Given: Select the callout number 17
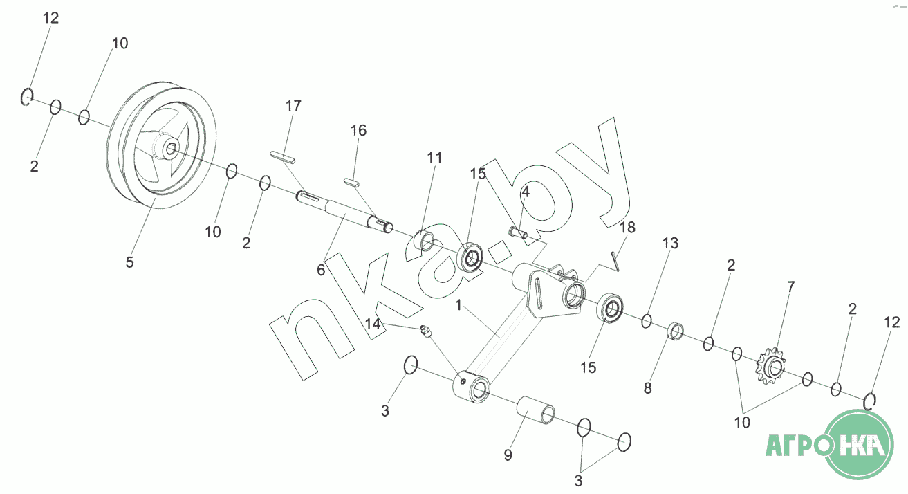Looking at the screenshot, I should click(x=293, y=106).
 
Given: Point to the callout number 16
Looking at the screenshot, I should click(x=358, y=130).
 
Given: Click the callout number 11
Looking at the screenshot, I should click(x=434, y=157).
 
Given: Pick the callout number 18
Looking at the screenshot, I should click(x=627, y=227).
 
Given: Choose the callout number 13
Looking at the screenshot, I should click(x=671, y=243).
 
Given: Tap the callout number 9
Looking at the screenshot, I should click(x=508, y=455).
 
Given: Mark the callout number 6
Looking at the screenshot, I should click(x=321, y=271).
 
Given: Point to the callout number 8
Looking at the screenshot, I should click(x=647, y=388).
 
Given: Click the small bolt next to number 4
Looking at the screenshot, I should click(x=517, y=232).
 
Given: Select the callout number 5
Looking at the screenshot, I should click(x=129, y=262).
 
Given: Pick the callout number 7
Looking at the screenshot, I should click(x=790, y=286).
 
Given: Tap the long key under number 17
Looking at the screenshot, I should click(x=282, y=156).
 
